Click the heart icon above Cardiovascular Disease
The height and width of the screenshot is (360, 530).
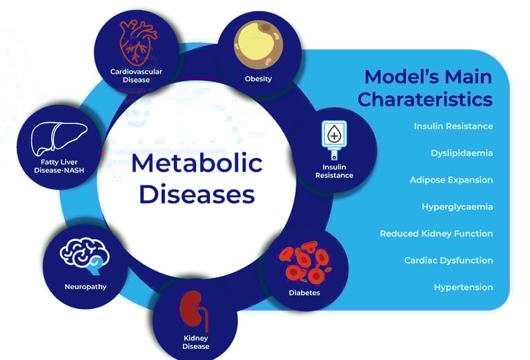pos(138,43)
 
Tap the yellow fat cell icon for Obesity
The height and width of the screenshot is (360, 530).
pos(259,45)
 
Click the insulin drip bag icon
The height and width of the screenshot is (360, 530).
pos(334,139)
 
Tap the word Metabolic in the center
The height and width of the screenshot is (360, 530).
pos(197,163)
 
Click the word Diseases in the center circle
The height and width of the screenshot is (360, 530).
pos(197,194)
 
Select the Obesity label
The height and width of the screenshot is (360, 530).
pos(258,79)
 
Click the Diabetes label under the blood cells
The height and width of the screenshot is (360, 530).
pos(304,292)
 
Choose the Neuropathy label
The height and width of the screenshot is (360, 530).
pos(86,287)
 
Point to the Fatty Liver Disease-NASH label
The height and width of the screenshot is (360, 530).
pos(59,166)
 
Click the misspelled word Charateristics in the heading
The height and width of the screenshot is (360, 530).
pos(425,99)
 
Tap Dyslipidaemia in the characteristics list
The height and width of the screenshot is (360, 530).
pos(462,153)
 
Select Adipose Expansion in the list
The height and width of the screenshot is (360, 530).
pos(451,180)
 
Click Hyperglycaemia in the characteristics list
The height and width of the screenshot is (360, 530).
pos(458,207)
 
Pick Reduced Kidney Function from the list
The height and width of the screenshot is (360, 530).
pos(436,233)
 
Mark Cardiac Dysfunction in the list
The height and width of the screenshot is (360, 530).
pos(449,261)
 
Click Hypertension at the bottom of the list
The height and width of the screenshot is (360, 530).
pos(464,288)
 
